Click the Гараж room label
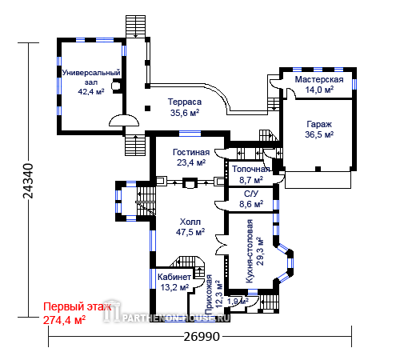point(319,125)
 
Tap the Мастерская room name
point(319,79)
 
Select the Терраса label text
point(185,102)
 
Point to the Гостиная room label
point(191,152)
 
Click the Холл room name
point(190,222)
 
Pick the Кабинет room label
point(174,277)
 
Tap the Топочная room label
point(251,169)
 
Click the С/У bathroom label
point(251,194)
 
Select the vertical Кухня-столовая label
point(250,251)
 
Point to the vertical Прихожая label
point(209,294)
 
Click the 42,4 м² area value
point(91,92)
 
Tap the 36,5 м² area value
point(319,134)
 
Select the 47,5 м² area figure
point(190,232)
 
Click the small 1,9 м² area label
point(238,302)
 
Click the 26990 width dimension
point(202,337)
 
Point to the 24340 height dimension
point(28,181)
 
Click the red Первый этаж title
point(78,306)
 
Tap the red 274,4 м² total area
point(65,320)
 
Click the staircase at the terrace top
point(135,26)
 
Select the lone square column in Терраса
point(147,108)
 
